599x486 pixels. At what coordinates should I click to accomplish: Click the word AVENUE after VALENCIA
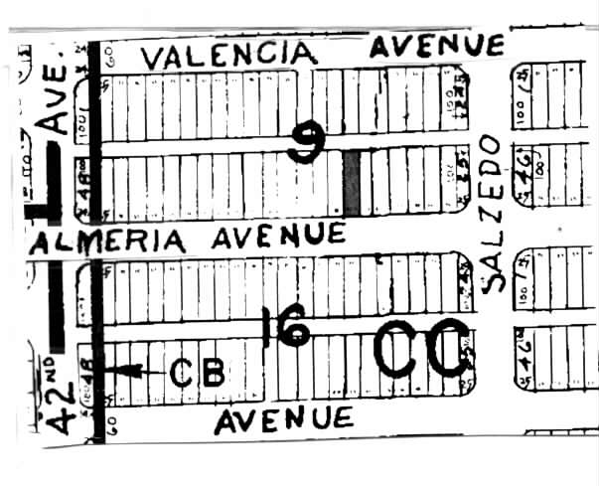coord(437,45)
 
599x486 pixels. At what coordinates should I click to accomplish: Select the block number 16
coord(286,328)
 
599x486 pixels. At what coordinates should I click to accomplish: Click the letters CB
coord(198,372)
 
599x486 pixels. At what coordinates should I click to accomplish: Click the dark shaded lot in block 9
coord(351,183)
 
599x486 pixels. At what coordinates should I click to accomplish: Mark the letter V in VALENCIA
coord(152,58)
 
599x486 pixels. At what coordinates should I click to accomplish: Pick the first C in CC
coord(397,350)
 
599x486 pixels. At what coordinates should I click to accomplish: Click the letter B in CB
coord(213,372)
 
